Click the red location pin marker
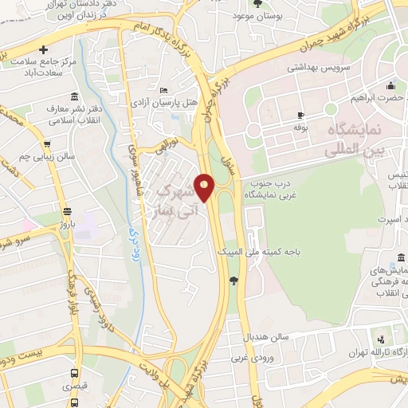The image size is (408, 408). [205, 187]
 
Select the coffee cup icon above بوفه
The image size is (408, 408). [300, 115]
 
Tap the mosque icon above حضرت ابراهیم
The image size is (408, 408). [390, 86]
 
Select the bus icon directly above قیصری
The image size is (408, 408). [74, 372]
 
